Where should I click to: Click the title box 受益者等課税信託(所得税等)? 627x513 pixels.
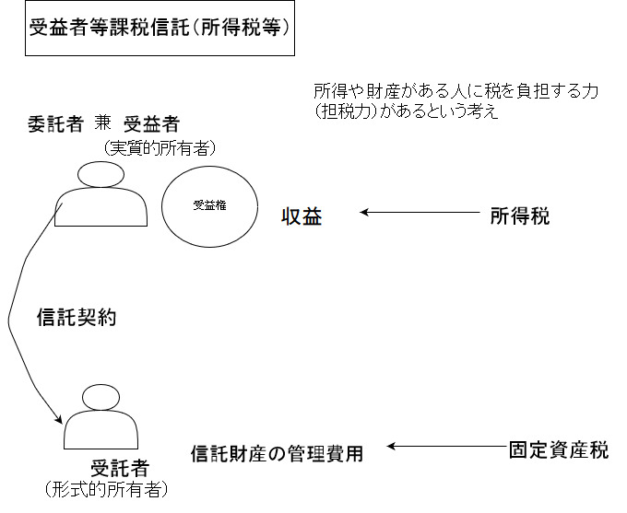(x=160, y=28)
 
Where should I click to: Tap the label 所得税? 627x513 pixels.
(x=519, y=216)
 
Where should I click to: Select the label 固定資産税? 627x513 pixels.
(x=558, y=450)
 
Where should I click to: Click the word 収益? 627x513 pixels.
(x=302, y=217)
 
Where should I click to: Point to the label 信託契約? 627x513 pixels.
(x=76, y=318)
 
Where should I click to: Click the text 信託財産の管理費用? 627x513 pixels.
(x=277, y=453)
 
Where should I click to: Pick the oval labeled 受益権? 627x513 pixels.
(x=209, y=206)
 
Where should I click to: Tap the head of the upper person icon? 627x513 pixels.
(x=101, y=173)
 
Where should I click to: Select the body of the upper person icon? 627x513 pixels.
(x=101, y=207)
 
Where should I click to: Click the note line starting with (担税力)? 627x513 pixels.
(x=406, y=113)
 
